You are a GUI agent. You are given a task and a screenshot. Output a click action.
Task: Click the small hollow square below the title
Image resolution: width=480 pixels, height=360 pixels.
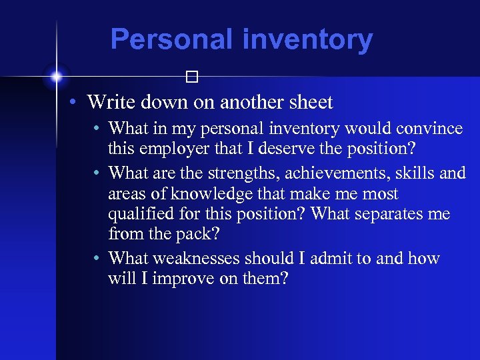point(193,78)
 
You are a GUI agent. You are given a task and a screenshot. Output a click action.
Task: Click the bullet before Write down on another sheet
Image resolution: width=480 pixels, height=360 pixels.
point(77,103)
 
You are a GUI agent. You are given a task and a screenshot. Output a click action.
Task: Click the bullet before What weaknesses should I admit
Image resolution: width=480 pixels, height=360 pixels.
point(97,258)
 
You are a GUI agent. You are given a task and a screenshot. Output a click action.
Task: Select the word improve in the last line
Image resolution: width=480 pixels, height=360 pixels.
point(179,279)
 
